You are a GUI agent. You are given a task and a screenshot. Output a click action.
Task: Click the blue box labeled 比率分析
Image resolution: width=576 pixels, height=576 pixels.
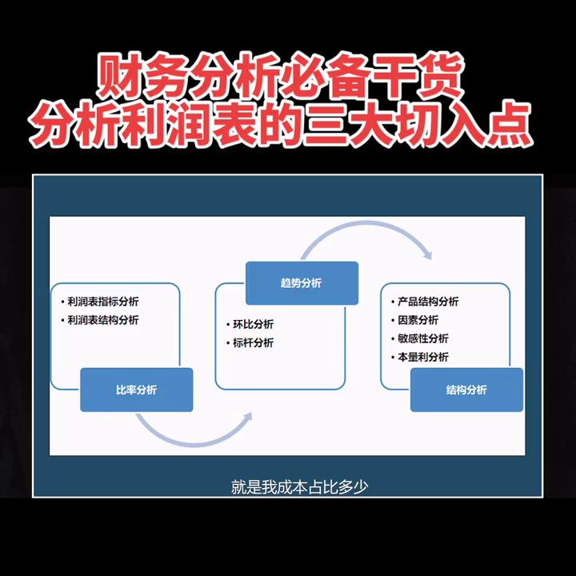tap(136, 390)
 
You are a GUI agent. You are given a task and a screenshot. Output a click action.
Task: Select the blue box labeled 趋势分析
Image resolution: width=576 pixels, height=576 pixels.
tap(301, 283)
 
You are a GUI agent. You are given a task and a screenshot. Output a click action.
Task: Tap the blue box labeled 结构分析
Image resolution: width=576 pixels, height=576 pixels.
tap(466, 390)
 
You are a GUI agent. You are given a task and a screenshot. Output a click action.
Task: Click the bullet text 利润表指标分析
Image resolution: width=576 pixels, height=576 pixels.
tap(103, 302)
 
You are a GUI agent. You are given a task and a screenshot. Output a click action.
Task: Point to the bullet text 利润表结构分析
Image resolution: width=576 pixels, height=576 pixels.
tap(103, 320)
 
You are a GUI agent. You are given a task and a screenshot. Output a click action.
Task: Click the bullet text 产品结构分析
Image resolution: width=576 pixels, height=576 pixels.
tap(428, 302)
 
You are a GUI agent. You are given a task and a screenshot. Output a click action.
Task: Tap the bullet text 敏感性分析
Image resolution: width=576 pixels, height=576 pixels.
tap(423, 338)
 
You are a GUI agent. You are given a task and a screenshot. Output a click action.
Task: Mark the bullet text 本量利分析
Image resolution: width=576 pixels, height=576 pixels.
tap(423, 357)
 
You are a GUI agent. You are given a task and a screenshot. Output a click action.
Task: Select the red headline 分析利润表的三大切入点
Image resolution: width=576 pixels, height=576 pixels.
tap(287, 122)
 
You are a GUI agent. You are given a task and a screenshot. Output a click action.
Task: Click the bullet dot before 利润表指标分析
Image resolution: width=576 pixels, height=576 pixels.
tap(62, 302)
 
